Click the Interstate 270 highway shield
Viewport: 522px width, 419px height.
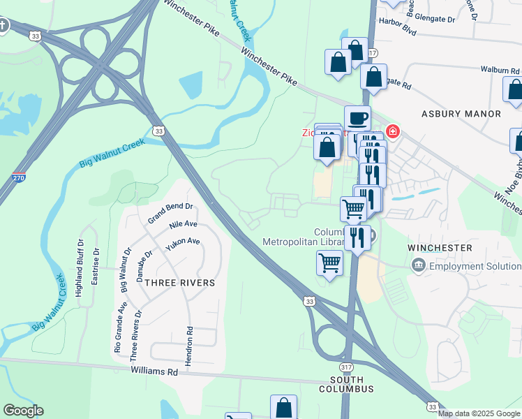click(19, 178)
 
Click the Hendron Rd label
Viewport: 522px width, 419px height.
click(188, 346)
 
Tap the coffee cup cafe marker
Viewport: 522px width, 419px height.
click(357, 118)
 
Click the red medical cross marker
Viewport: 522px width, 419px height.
click(393, 131)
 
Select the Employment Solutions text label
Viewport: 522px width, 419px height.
click(475, 266)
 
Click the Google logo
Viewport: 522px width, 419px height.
click(23, 410)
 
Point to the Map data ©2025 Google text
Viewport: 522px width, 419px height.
click(479, 413)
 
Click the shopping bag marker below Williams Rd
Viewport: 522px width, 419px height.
click(283, 408)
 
